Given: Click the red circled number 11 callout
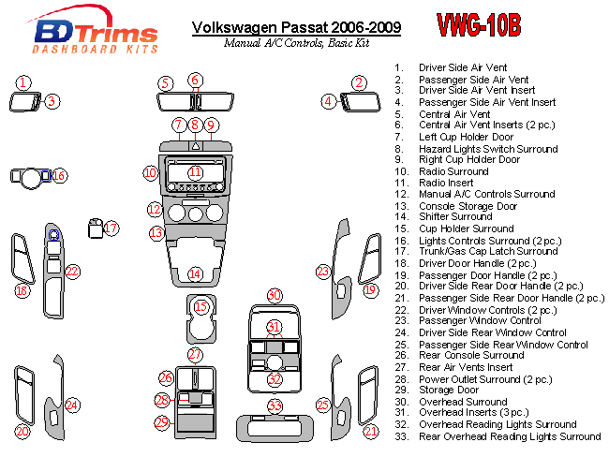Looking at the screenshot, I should pyautogui.click(x=195, y=172).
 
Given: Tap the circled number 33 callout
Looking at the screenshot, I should pyautogui.click(x=274, y=406).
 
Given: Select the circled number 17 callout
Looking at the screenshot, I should pyautogui.click(x=111, y=228).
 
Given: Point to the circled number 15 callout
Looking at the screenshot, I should pyautogui.click(x=201, y=306).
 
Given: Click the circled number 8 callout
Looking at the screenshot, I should pyautogui.click(x=195, y=125).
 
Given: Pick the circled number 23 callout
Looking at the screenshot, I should pyautogui.click(x=323, y=272).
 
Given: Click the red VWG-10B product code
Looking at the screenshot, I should pyautogui.click(x=479, y=26).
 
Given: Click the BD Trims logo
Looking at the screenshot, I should pyautogui.click(x=83, y=32).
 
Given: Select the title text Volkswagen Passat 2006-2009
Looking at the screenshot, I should pyautogui.click(x=296, y=27).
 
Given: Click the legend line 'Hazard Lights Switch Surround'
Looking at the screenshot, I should pyautogui.click(x=488, y=149).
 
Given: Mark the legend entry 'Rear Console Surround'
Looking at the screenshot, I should pyautogui.click(x=471, y=356).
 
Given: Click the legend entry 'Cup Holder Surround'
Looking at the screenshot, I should pyautogui.click(x=466, y=228).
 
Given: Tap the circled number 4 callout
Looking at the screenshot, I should pyautogui.click(x=329, y=101).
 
